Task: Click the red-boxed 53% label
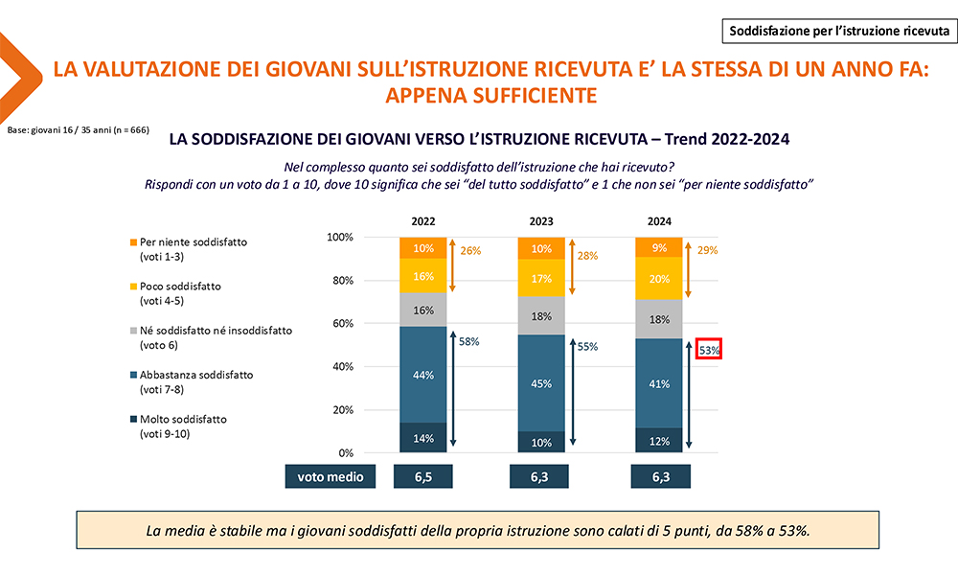(x=709, y=349)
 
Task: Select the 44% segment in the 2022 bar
(x=423, y=375)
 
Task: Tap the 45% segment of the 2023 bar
(x=541, y=382)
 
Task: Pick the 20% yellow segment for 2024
(x=660, y=280)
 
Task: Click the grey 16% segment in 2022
(x=423, y=310)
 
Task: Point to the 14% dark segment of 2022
(x=423, y=438)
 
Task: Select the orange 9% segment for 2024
(x=660, y=247)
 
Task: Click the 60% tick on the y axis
(x=340, y=323)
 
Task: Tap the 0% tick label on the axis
(x=344, y=452)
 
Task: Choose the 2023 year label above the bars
(x=541, y=221)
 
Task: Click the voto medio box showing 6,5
(x=423, y=476)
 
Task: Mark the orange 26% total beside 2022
(x=469, y=250)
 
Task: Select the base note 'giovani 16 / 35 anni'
(x=78, y=128)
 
